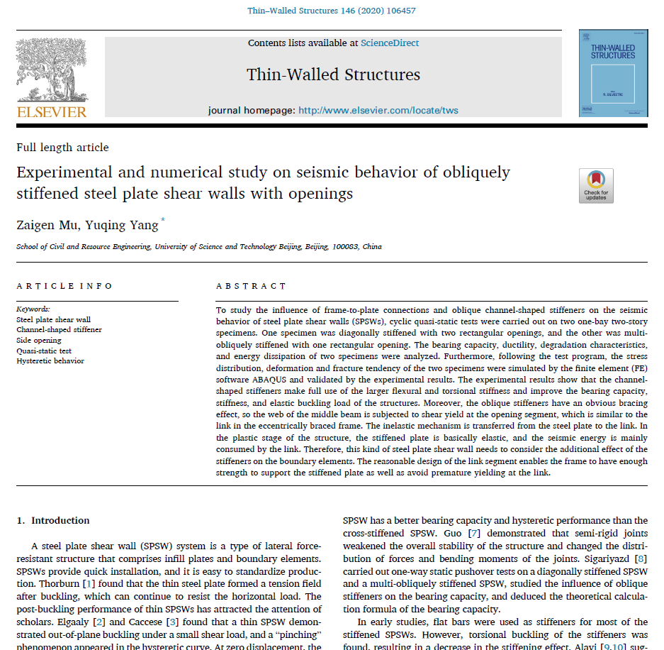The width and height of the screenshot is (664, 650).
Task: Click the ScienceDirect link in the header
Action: (x=389, y=43)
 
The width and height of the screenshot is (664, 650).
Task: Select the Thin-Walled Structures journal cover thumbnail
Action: (x=613, y=73)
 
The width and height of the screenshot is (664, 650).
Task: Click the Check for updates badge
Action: (x=596, y=185)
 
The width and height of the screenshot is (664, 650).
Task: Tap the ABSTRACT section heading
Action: (x=251, y=286)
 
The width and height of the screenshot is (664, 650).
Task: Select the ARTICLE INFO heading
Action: (x=64, y=286)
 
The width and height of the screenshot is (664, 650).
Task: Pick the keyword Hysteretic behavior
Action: (x=50, y=361)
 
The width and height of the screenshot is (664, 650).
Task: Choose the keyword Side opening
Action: (x=39, y=341)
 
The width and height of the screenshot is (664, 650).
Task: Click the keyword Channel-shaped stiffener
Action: (x=59, y=330)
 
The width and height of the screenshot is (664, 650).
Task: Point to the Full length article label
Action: (x=62, y=148)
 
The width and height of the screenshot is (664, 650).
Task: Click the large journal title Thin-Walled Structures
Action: (x=333, y=75)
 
